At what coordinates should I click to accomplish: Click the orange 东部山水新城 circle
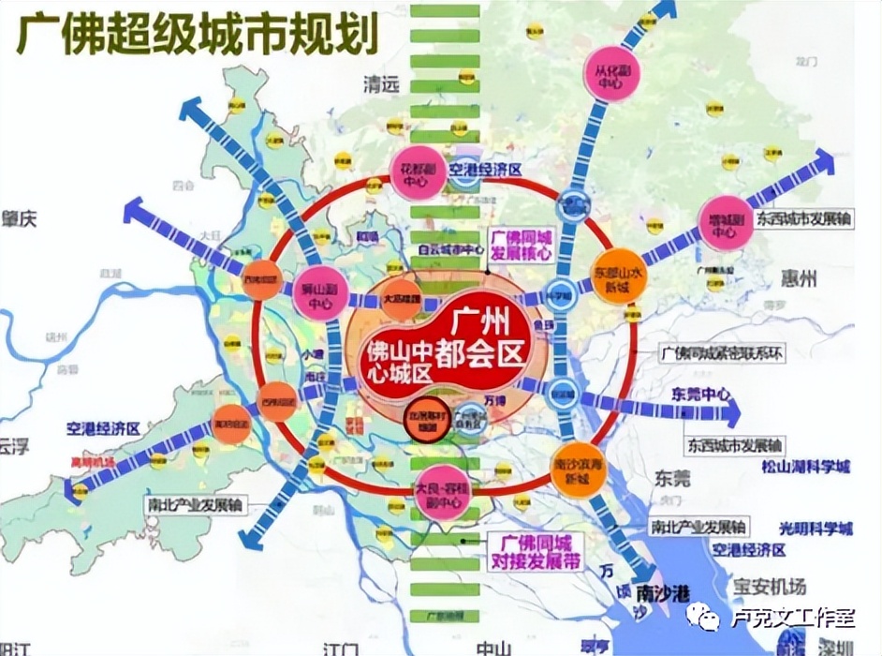[618, 276]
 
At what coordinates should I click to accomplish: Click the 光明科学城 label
[812, 529]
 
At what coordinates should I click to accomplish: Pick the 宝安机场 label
[769, 587]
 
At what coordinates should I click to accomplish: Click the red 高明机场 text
[92, 461]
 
